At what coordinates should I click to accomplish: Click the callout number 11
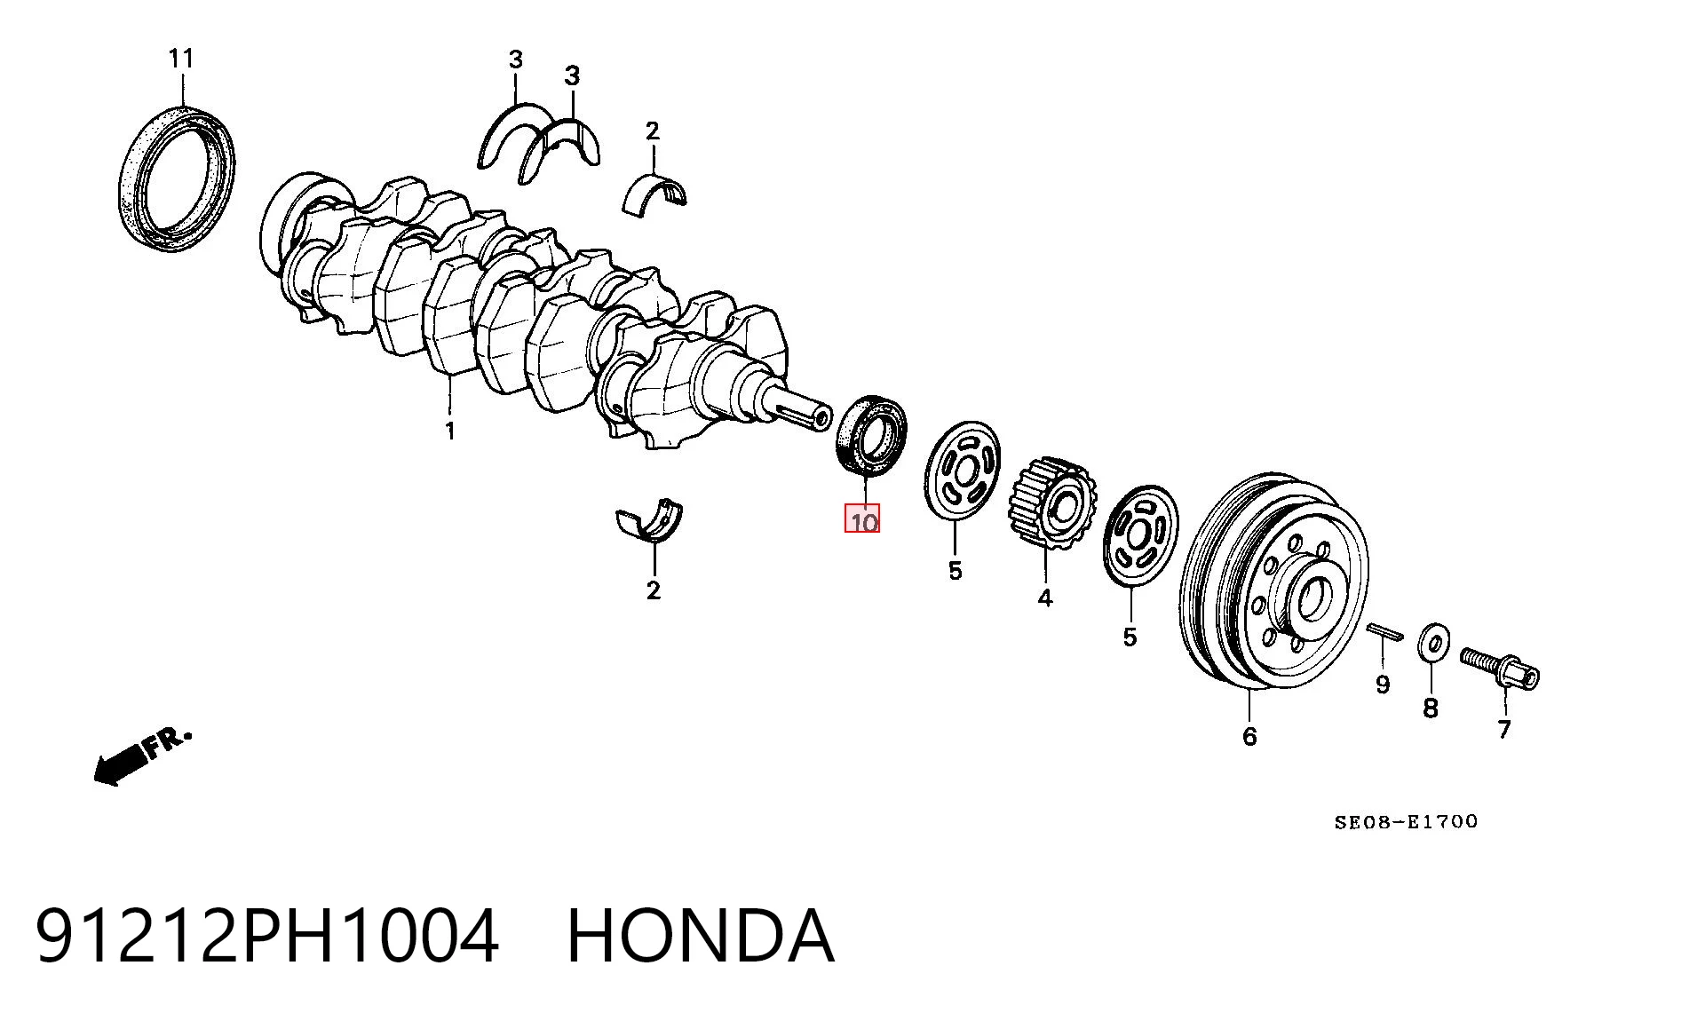[181, 59]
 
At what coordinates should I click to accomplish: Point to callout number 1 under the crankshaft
[450, 431]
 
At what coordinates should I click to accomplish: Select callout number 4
[1045, 598]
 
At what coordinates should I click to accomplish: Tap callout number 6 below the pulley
[1249, 736]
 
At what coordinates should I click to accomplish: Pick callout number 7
[1504, 729]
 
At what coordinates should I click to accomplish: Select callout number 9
[1383, 685]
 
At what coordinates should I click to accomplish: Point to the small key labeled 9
[1385, 631]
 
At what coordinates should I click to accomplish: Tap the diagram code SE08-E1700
[1406, 822]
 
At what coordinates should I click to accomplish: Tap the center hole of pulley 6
[1311, 600]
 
